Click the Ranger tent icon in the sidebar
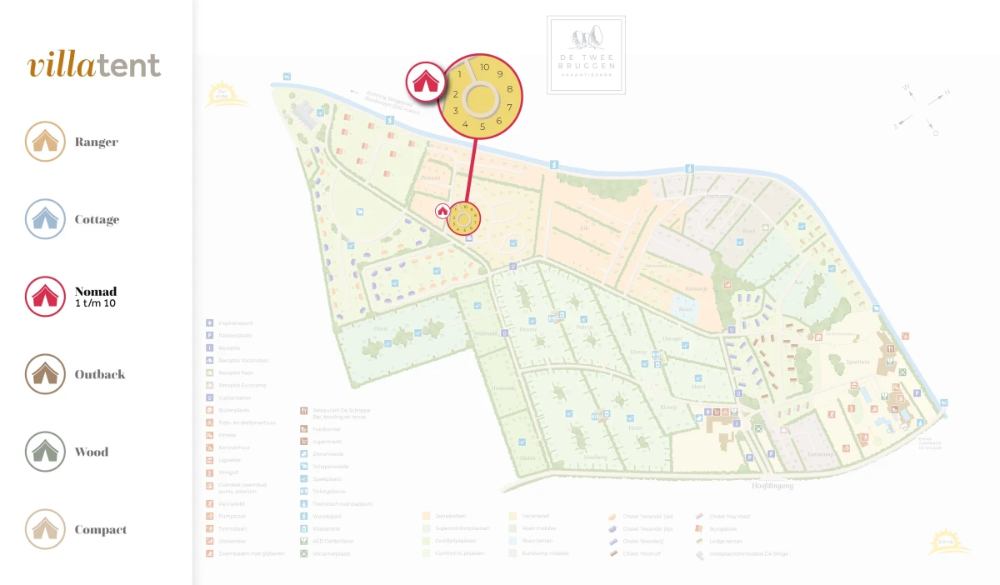point(45,142)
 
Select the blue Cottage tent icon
point(45,219)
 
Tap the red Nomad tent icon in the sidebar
point(45,297)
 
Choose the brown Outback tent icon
point(45,374)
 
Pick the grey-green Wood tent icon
point(45,452)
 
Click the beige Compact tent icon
point(45,529)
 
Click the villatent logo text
point(93,66)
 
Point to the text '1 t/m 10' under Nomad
point(96,303)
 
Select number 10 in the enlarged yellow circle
point(484,67)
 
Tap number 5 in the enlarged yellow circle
point(482,127)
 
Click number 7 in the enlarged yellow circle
point(509,107)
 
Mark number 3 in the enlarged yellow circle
point(456,110)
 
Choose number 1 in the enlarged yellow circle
point(460,74)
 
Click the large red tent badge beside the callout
point(425,82)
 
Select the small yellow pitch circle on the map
point(464,218)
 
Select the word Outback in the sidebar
point(100,374)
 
